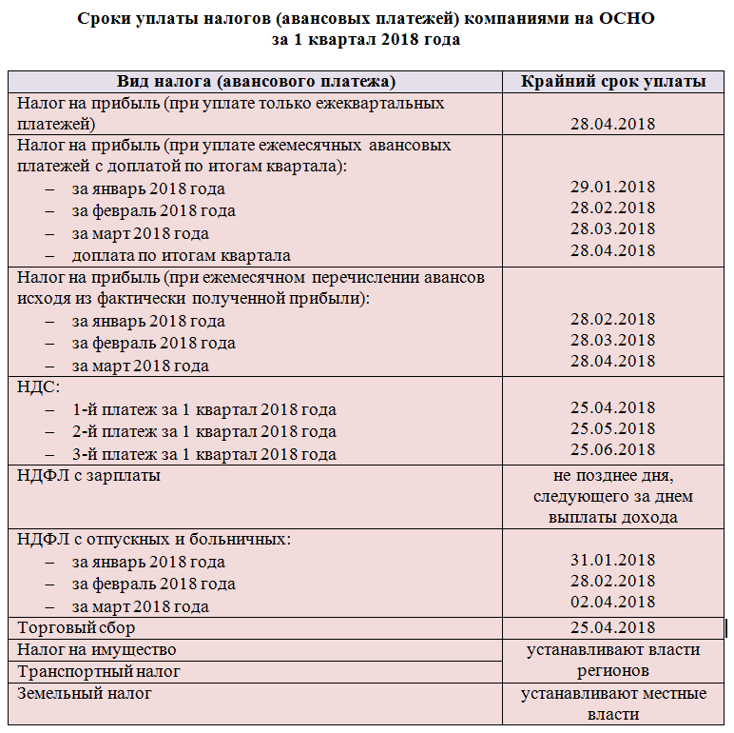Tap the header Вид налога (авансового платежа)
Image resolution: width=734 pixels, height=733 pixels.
256,81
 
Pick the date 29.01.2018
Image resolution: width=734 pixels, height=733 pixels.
612,188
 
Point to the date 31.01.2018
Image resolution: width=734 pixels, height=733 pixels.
612,560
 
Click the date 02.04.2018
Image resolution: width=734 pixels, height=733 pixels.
612,602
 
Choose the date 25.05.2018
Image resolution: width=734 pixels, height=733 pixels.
612,428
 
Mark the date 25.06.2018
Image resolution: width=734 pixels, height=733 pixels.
612,449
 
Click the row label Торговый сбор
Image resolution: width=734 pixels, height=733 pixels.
77,627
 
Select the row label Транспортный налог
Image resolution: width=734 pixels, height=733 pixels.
99,671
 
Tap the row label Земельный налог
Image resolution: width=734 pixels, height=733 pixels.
85,693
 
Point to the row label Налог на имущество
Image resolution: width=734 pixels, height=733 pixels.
97,649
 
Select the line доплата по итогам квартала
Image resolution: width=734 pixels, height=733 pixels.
181,255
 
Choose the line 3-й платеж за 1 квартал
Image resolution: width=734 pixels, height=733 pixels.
203,454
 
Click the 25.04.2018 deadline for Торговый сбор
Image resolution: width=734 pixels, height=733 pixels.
612,627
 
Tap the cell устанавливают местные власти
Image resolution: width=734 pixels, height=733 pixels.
613,703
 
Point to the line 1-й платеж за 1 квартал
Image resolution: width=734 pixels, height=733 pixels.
203,409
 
